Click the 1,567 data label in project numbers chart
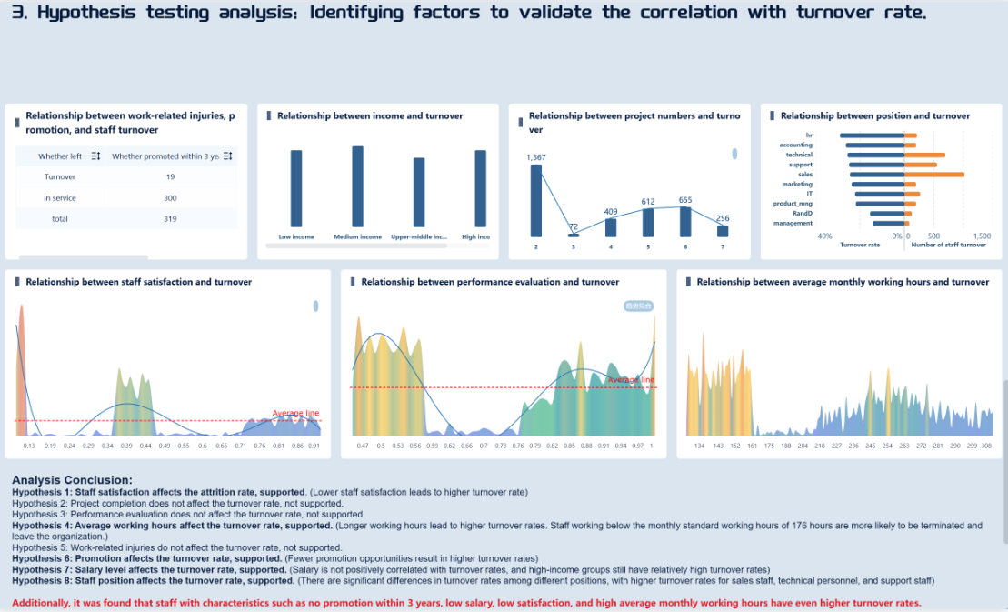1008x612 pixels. [536, 157]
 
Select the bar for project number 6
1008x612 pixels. [685, 223]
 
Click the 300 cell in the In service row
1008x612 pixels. [170, 197]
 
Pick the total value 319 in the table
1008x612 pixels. [170, 218]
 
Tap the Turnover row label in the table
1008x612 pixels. [60, 176]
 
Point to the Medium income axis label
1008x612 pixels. [357, 236]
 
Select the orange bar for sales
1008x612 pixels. [934, 174]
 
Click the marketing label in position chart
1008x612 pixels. [797, 184]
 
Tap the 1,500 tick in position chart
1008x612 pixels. [982, 236]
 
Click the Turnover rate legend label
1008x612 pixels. [860, 245]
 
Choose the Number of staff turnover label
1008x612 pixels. [948, 245]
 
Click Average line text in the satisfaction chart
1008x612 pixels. [295, 413]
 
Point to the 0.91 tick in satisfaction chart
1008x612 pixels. [314, 446]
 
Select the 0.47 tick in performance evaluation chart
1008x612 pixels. [363, 446]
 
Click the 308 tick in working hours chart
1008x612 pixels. [986, 446]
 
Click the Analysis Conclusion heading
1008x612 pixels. [72, 479]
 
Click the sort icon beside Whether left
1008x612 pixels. [96, 156]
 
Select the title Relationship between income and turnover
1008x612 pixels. [370, 115]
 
